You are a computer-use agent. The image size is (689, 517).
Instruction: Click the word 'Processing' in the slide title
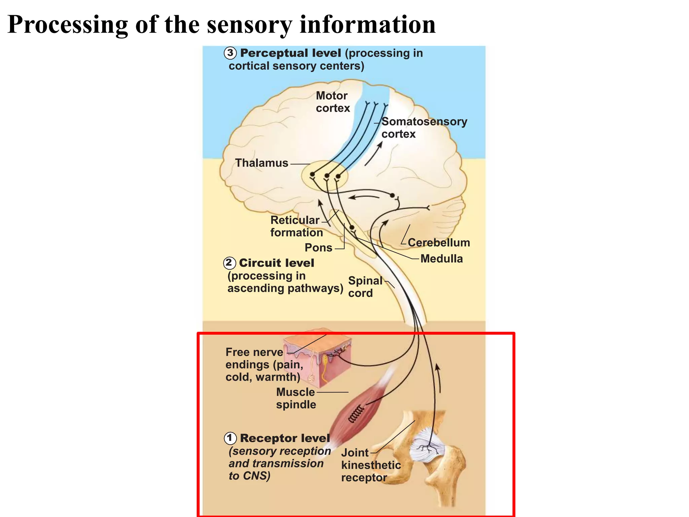(67, 25)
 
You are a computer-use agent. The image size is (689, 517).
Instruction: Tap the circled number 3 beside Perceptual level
(230, 53)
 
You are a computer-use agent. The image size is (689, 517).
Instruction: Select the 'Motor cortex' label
(333, 102)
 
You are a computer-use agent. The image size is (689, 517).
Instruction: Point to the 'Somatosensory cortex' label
(424, 128)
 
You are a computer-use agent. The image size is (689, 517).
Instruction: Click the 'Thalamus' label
(261, 163)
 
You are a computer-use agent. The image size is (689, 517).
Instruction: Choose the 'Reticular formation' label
(296, 226)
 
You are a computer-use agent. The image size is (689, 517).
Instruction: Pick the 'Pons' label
(318, 248)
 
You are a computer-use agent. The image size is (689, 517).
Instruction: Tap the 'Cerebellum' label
(439, 243)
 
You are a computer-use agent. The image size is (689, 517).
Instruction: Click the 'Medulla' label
(441, 259)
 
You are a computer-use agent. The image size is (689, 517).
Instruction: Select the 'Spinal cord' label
(365, 287)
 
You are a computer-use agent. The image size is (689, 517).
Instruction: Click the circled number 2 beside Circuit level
(229, 263)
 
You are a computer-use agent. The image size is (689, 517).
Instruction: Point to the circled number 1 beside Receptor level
(230, 438)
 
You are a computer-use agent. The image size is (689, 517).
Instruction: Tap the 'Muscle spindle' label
(296, 398)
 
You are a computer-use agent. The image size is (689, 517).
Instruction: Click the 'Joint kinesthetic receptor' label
(370, 465)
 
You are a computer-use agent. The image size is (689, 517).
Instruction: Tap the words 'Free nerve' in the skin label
(254, 352)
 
